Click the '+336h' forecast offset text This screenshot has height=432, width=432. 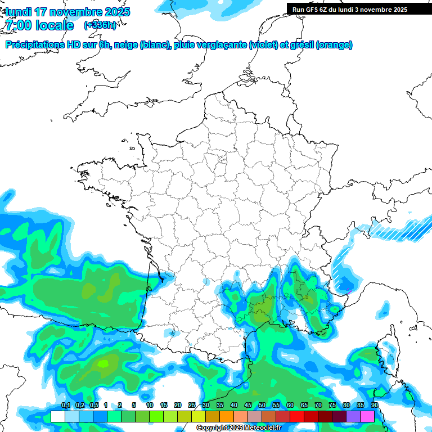coord(100,25)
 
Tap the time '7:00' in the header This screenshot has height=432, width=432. coord(19,25)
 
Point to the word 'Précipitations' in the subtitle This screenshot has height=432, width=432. coord(35,45)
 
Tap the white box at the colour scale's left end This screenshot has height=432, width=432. coord(57,416)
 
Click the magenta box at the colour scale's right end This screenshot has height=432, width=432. coord(367,416)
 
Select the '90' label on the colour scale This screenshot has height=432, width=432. coord(375,406)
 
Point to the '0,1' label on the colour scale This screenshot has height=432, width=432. coord(66,406)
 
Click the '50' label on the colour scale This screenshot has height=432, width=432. coord(262,406)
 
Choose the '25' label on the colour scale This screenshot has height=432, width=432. coord(192,406)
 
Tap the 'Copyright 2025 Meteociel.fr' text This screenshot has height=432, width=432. coord(239,427)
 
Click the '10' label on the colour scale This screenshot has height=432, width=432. coord(150,406)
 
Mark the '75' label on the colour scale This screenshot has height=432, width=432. coord(332,406)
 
